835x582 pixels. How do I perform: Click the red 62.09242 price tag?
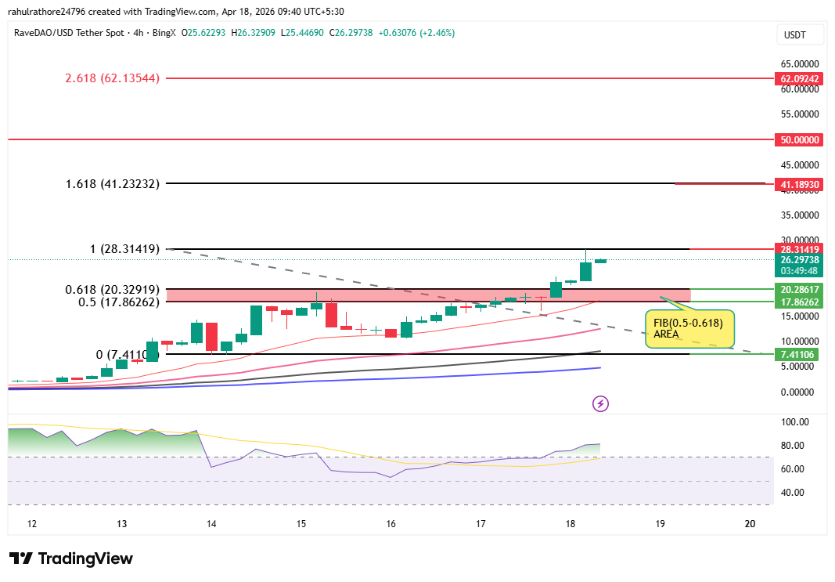point(797,79)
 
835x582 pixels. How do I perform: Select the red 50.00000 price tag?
point(797,140)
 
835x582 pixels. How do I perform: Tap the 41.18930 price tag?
point(797,185)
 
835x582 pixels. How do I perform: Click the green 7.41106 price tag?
point(797,355)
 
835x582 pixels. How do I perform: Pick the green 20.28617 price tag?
point(797,289)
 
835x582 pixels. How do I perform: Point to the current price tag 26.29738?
point(797,260)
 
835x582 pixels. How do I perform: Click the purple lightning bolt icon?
point(600,403)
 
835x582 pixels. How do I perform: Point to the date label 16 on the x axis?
point(391,524)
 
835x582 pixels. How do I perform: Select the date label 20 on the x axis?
point(750,524)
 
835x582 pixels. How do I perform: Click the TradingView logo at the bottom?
point(72,559)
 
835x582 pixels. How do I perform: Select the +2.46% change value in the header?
point(438,33)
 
